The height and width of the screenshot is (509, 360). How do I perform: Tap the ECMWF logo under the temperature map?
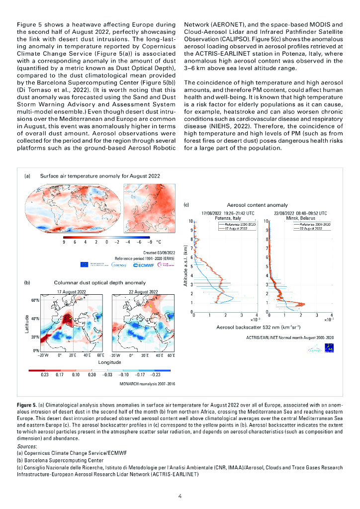click(x=143, y=265)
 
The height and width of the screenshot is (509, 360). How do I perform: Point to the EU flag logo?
click(x=84, y=265)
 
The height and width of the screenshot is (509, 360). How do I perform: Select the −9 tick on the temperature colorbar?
click(x=150, y=242)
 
